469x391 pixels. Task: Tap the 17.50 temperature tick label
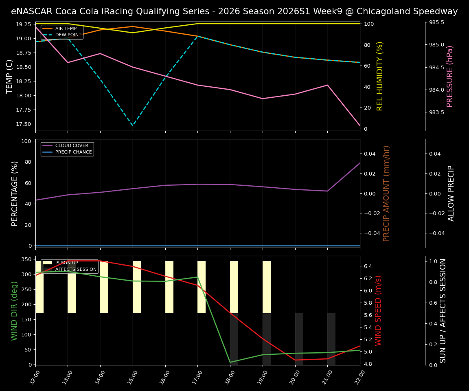coord(23,124)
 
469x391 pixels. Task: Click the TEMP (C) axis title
coord(10,76)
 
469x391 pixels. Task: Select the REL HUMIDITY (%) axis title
coord(380,76)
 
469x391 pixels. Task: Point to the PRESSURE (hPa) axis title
coord(450,76)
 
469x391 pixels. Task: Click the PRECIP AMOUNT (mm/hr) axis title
coord(387,193)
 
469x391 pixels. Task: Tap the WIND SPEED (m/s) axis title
coord(379,310)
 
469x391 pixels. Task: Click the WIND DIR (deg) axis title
coord(15,310)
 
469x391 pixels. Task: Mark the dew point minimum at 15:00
coord(133,125)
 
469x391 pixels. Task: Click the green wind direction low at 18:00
coord(230,362)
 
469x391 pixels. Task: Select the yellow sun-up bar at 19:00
coord(267,287)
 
